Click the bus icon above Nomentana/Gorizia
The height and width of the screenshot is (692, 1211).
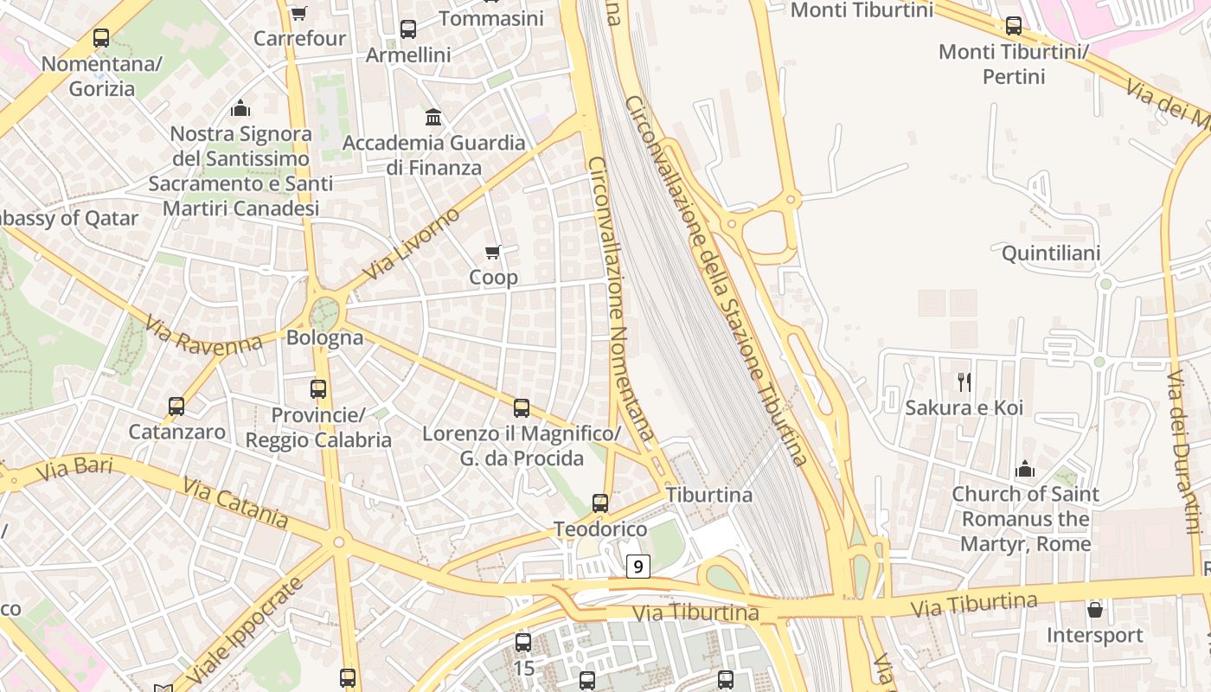click(101, 38)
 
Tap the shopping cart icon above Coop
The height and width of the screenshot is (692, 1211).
click(493, 253)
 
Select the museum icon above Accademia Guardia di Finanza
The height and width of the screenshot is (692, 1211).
click(433, 117)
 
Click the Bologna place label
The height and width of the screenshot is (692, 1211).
click(324, 337)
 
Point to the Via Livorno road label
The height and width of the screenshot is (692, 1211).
click(411, 244)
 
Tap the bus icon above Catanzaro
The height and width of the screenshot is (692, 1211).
click(176, 407)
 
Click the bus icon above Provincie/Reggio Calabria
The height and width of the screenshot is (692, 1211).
click(318, 389)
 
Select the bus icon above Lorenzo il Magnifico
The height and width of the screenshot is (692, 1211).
click(521, 408)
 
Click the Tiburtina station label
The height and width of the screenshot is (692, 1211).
click(708, 495)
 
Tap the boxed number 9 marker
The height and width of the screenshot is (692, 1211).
click(638, 567)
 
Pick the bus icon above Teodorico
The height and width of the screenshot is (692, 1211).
click(599, 503)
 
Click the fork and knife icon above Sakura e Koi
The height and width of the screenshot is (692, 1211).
click(964, 382)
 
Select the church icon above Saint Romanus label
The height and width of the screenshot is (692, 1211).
click(1025, 469)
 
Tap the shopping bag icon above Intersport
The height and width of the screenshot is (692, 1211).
click(1094, 610)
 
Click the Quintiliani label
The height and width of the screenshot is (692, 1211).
click(1050, 253)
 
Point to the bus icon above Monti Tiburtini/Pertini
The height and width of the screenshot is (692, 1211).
click(1013, 26)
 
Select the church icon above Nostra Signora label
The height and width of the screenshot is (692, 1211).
click(240, 108)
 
